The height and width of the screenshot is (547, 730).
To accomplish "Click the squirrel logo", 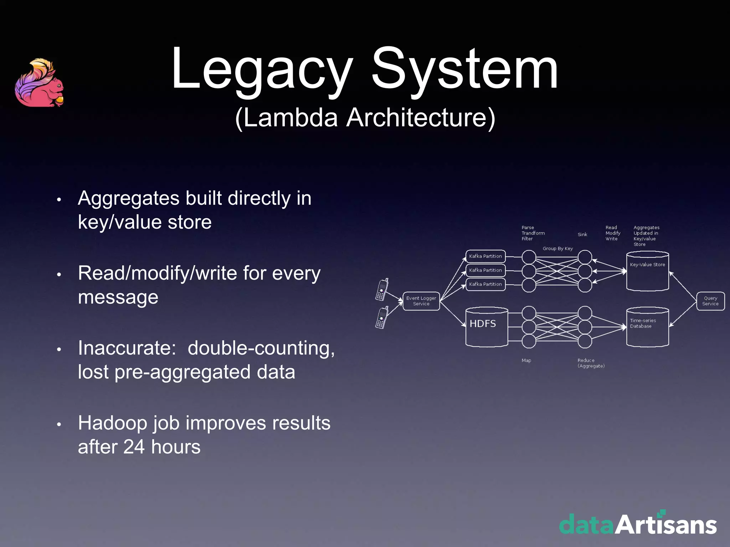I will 39,83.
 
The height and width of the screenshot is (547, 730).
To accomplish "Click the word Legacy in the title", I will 262,69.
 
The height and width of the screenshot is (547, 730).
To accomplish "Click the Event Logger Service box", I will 421,301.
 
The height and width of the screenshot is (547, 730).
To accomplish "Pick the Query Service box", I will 710,301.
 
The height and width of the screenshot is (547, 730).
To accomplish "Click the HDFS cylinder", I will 487,327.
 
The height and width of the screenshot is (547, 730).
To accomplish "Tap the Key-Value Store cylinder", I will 647,271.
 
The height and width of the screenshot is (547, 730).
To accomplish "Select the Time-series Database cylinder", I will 647,327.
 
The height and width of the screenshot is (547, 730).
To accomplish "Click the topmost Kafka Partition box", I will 485,256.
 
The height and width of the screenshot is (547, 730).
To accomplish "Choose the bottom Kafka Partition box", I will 485,284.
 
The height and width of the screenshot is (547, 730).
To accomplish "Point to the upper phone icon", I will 382,289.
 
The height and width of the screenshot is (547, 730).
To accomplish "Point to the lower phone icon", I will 382,317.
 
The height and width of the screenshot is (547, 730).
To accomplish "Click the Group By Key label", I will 557,249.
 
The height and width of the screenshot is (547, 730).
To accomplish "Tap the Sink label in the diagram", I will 582,234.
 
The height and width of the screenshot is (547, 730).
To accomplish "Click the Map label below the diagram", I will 526,360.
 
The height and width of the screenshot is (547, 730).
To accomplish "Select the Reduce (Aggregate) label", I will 591,363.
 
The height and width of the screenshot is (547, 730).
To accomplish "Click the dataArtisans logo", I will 638,523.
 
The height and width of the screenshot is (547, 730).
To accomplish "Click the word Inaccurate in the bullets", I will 127,348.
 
